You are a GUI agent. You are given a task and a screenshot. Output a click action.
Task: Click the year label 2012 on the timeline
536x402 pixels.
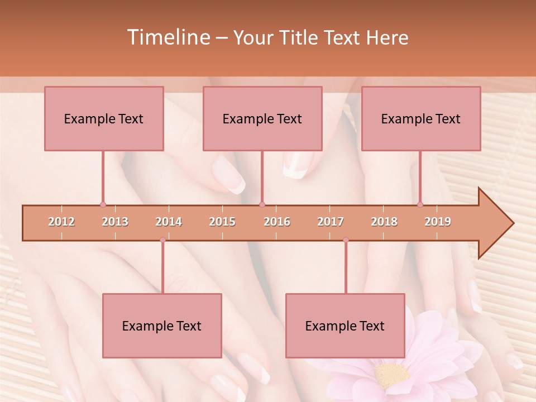click(x=61, y=222)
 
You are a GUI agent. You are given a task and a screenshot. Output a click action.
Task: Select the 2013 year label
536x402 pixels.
click(x=115, y=222)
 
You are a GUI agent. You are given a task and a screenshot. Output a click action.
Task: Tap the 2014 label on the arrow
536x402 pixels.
click(x=169, y=222)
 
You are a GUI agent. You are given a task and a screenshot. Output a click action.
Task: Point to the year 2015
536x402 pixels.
click(x=222, y=222)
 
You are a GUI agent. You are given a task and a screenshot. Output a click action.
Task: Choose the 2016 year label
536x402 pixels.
click(x=277, y=222)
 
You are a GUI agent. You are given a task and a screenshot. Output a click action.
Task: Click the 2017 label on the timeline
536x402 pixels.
click(x=331, y=222)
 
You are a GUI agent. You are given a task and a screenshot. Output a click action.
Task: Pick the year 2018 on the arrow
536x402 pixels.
click(x=384, y=222)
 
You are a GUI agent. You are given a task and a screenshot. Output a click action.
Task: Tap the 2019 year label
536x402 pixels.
click(x=438, y=222)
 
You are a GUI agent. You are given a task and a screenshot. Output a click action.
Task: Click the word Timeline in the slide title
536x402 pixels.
click(x=167, y=37)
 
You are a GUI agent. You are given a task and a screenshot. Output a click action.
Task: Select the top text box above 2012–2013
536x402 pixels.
click(x=104, y=118)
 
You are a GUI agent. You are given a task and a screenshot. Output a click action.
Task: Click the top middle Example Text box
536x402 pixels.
click(x=262, y=118)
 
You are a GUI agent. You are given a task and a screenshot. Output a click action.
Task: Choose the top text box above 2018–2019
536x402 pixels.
click(x=421, y=118)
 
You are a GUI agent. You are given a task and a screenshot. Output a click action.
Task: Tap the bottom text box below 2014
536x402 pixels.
click(x=162, y=326)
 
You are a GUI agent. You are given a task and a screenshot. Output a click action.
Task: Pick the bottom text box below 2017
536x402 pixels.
click(x=345, y=326)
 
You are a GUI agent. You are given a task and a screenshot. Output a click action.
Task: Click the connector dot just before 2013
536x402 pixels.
click(x=103, y=204)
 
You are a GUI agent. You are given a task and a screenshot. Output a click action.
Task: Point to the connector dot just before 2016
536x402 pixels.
click(x=262, y=204)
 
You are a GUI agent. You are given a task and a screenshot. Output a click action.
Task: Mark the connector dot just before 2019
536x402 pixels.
click(x=420, y=204)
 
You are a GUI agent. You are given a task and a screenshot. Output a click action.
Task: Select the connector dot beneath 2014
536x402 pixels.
click(x=162, y=240)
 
